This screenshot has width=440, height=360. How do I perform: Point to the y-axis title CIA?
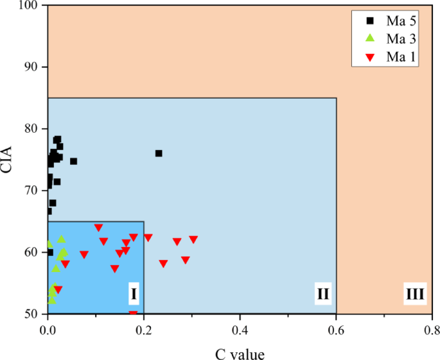coord(9,159)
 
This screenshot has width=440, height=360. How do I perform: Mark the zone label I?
coord(134,295)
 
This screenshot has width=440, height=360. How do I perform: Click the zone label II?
coord(322,295)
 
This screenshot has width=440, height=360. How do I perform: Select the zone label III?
coord(414,295)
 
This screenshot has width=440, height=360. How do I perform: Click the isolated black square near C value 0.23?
coord(159,153)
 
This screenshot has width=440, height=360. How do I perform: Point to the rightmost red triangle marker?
coord(193,239)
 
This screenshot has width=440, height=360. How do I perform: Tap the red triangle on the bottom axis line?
coord(133,314)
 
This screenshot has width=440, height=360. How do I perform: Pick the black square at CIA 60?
coord(50,252)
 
